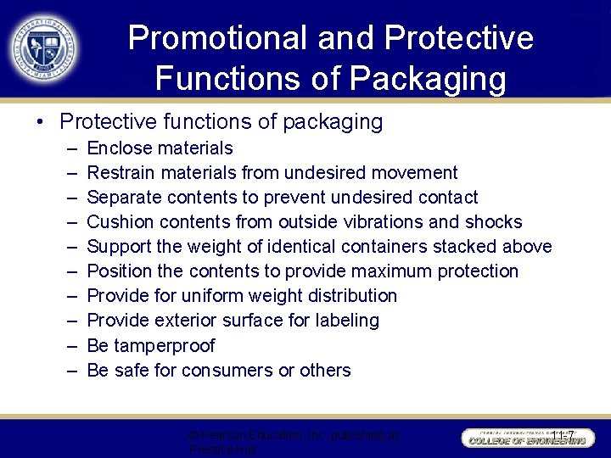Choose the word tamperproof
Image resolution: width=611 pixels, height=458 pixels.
(x=164, y=346)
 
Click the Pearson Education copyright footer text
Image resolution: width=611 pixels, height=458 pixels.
(x=294, y=441)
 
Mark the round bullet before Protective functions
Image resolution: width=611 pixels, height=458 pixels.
(x=42, y=123)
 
